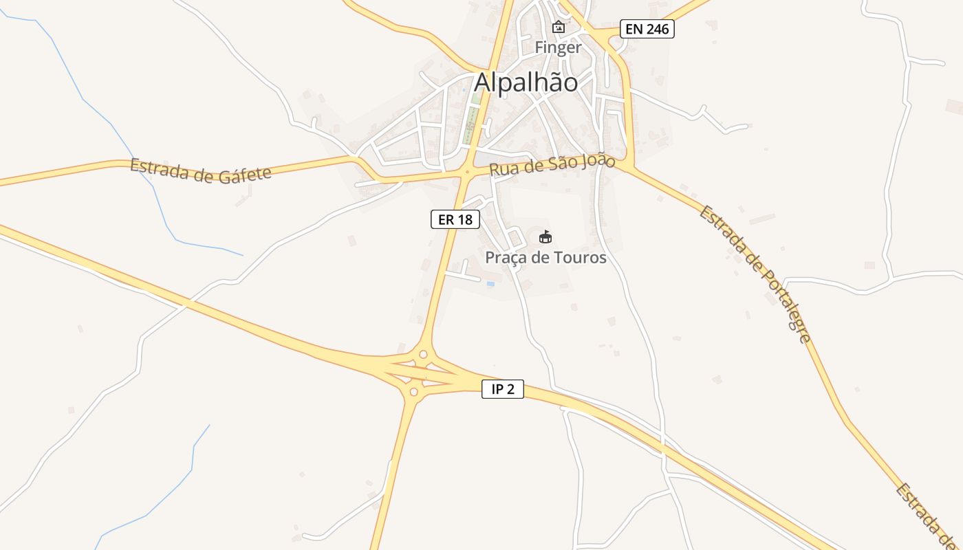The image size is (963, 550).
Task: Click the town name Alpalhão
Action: click(x=526, y=82)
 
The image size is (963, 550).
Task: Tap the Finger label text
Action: click(x=559, y=48)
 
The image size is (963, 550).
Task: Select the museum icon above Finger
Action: click(x=559, y=27)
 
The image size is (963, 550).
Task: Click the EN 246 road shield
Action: click(x=647, y=29)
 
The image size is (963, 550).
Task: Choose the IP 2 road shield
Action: click(x=502, y=389)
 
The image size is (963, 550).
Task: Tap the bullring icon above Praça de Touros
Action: click(x=545, y=237)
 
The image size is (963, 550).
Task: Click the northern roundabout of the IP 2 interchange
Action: click(x=422, y=355)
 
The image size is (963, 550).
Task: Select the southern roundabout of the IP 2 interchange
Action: click(x=413, y=392)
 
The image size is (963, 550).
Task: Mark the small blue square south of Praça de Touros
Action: click(x=490, y=283)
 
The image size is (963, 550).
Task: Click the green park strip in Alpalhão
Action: click(x=473, y=113)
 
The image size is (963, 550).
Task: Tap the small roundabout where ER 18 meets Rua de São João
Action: click(x=467, y=172)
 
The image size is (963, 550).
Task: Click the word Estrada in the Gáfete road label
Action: click(x=162, y=167)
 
